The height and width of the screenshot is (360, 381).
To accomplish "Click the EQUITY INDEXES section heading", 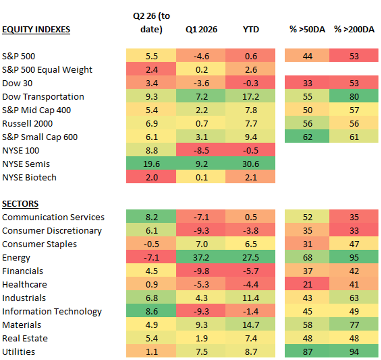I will pyautogui.click(x=36, y=30).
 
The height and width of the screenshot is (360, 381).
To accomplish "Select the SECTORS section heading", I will pyautogui.click(x=20, y=204).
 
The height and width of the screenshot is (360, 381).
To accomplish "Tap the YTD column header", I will pyautogui.click(x=250, y=30).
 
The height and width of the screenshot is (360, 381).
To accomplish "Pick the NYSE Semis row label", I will pyautogui.click(x=27, y=164).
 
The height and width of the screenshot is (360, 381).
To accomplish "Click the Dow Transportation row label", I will pyautogui.click(x=43, y=97).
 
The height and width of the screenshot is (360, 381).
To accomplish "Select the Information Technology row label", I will pyautogui.click(x=52, y=311).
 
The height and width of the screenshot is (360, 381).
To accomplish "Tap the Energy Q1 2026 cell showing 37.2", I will pyautogui.click(x=200, y=258).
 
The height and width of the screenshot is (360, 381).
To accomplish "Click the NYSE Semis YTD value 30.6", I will pyautogui.click(x=250, y=164).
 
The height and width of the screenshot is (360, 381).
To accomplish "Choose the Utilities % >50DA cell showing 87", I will pyautogui.click(x=307, y=352).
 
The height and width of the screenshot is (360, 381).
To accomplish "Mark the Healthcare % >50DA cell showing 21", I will pyautogui.click(x=307, y=285).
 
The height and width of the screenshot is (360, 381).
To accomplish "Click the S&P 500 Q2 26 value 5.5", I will pyautogui.click(x=151, y=56).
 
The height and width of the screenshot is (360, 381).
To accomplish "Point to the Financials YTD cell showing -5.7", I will pyautogui.click(x=250, y=271).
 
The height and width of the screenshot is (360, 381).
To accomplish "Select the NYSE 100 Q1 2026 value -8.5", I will pyautogui.click(x=200, y=150).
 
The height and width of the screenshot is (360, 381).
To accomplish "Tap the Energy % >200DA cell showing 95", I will pyautogui.click(x=354, y=258).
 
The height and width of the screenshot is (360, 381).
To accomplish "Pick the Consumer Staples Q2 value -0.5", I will pyautogui.click(x=151, y=244).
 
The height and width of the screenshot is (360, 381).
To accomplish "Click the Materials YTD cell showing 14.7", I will pyautogui.click(x=250, y=325).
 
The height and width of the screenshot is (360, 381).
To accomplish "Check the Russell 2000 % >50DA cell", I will pyautogui.click(x=307, y=124).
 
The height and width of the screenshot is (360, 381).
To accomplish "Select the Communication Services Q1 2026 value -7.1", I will pyautogui.click(x=200, y=217).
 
